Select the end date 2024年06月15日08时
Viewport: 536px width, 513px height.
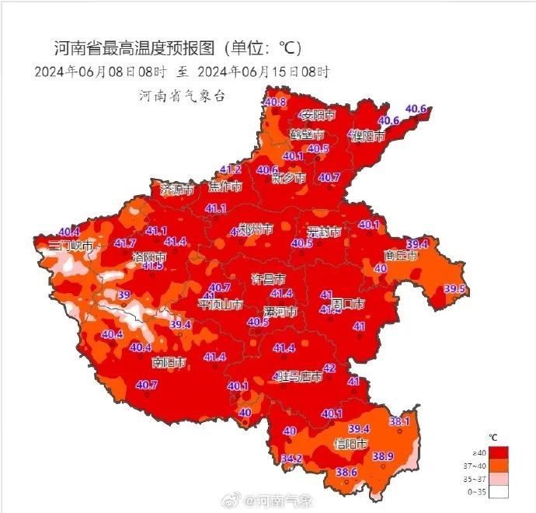(264, 72)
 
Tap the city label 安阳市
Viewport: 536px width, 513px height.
(317, 116)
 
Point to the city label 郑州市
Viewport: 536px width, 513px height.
(256, 229)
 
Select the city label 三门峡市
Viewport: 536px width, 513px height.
(71, 246)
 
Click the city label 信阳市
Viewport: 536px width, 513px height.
(350, 444)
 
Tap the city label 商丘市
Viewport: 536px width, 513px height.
(402, 255)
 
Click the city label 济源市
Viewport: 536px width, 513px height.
(177, 188)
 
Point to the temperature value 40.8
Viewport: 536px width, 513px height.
(275, 102)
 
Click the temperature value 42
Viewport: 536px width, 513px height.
(329, 368)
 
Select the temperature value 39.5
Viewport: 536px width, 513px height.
(454, 289)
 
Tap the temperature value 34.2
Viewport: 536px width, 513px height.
(291, 459)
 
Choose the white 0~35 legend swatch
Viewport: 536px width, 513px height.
(498, 492)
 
